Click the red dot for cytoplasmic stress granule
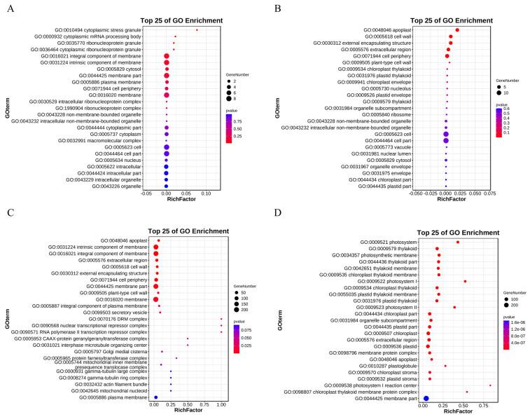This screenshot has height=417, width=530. coord(197,30)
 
